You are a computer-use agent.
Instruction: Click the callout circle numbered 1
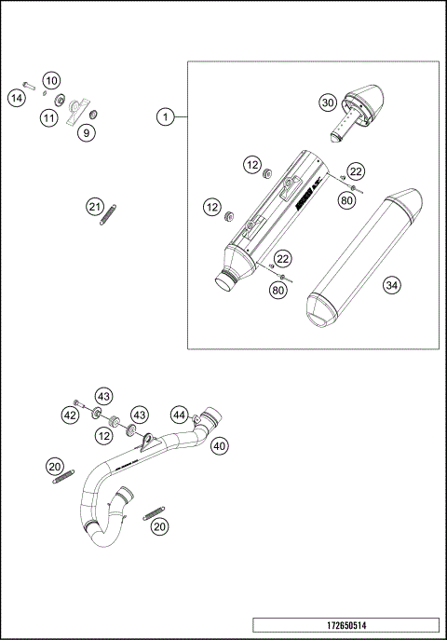[165, 116]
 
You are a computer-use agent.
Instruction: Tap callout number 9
[85, 133]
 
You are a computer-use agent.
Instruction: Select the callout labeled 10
[51, 80]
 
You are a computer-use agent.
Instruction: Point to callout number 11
[47, 117]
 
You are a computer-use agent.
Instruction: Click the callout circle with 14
[16, 98]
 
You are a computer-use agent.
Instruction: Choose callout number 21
[93, 206]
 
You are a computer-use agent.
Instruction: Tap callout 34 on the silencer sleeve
[391, 288]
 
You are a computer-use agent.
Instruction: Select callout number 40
[219, 445]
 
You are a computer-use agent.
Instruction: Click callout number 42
[71, 415]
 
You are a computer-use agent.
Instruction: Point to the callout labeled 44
[179, 415]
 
